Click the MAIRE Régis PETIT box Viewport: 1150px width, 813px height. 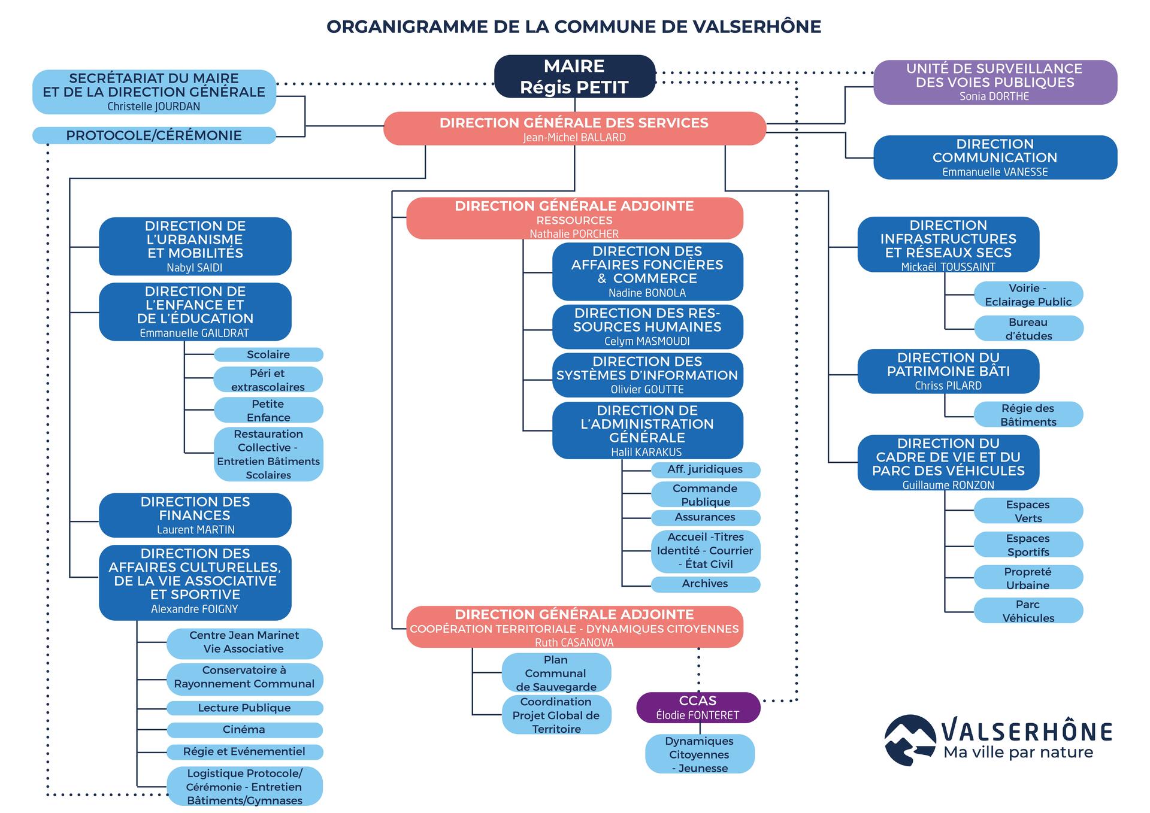(x=574, y=77)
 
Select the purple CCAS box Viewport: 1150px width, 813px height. (x=698, y=708)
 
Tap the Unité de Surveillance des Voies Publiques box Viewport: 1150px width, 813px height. (x=995, y=82)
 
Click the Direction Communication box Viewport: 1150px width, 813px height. (x=995, y=157)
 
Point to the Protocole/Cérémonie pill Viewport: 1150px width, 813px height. (x=154, y=135)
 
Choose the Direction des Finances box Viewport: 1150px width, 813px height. (x=195, y=515)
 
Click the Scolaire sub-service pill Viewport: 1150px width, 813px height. (x=268, y=354)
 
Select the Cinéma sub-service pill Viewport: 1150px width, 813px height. (x=244, y=730)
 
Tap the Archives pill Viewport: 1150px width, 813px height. (x=706, y=584)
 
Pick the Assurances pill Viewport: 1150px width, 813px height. (x=706, y=517)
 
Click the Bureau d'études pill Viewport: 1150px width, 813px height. (x=1028, y=329)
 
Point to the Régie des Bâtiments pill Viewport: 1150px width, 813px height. (x=1028, y=415)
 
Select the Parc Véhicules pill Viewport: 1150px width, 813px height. (x=1028, y=611)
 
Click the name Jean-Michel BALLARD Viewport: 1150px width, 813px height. (x=574, y=137)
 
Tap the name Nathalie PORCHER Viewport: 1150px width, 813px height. (x=574, y=233)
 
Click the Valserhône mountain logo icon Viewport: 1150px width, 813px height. (x=910, y=740)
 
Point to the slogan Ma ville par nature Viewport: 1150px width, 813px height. (x=1018, y=752)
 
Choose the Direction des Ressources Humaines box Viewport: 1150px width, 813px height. (x=647, y=327)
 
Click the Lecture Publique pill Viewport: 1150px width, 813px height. (x=244, y=708)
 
